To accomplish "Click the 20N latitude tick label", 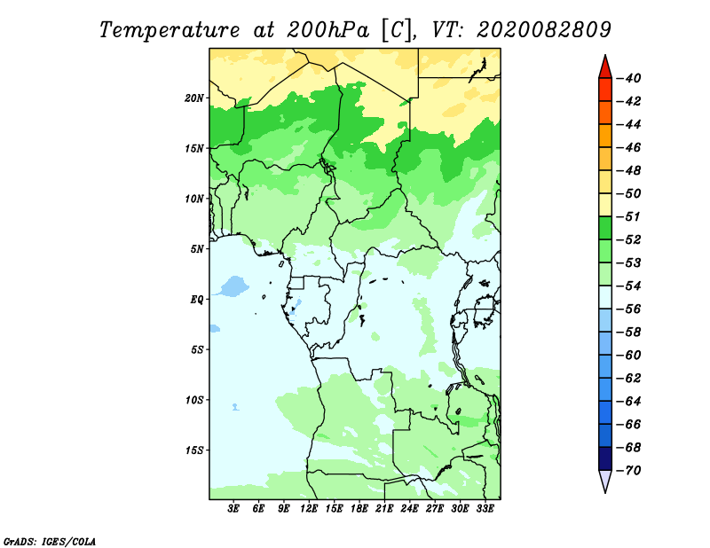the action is pos(194,98).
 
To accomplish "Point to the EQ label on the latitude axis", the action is pos(197,300).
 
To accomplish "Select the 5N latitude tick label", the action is pos(197,249).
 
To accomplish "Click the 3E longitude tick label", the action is pos(233,508).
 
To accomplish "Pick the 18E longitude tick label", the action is pos(359,508).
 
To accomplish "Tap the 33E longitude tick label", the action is pos(485,508).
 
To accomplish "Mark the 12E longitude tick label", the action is pos(309,508).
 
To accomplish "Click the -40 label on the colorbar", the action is pos(629,78).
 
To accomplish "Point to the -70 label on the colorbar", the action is pos(629,471).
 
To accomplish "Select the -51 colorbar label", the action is pos(629,216).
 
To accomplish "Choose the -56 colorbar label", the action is pos(629,309).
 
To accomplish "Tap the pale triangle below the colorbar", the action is pos(605,480).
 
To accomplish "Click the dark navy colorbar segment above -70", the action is pos(605,458).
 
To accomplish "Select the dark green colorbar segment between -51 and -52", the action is pos(605,228).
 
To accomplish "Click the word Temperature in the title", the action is pos(170,30).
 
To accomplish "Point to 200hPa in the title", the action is pos(327,30).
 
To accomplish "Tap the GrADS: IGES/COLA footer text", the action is pos(50,541).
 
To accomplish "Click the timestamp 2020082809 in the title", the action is pos(544,30).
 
